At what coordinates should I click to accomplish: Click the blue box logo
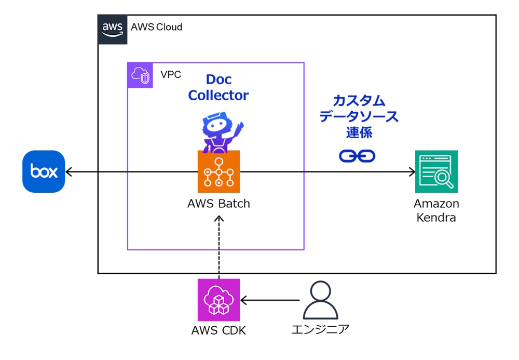(44, 171)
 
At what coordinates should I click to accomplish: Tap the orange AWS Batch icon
(218, 171)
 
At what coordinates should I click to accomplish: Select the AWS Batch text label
(218, 204)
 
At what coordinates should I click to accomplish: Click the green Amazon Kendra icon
(436, 171)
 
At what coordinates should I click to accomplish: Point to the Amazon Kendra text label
(436, 210)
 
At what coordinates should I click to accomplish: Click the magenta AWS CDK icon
(218, 300)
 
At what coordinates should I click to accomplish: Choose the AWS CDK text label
(218, 330)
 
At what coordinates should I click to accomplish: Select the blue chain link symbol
(357, 155)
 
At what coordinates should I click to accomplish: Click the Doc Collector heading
(218, 87)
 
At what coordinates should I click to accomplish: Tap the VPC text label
(171, 74)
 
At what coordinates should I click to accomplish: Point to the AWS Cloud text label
(156, 27)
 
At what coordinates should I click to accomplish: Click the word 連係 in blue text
(359, 132)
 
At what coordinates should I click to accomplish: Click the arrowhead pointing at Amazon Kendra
(412, 171)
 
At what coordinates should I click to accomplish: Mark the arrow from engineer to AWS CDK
(270, 300)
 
